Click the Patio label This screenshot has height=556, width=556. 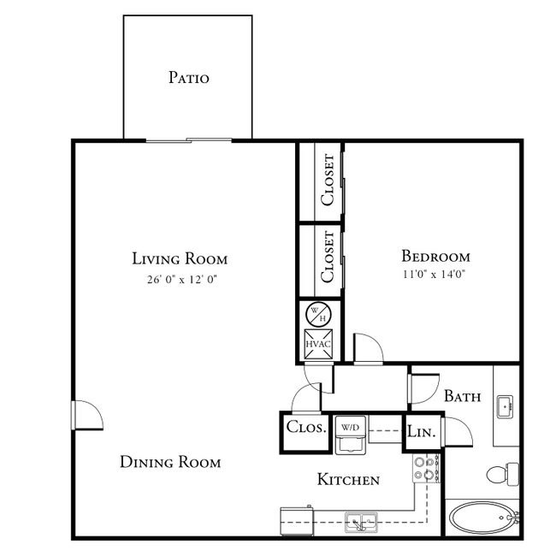click(188, 78)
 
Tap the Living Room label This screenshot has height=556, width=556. click(180, 258)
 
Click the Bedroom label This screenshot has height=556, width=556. click(436, 256)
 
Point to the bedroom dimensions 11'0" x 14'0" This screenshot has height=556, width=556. click(436, 275)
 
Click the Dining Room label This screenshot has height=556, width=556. click(170, 463)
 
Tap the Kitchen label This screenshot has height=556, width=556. click(348, 480)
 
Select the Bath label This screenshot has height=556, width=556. click(462, 397)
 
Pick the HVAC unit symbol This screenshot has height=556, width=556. click(318, 344)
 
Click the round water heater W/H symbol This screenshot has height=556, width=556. click(318, 314)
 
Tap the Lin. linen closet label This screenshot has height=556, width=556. click(421, 434)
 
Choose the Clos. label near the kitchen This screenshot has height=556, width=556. click(306, 428)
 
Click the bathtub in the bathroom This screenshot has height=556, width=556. click(482, 518)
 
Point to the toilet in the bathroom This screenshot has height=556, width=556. click(500, 473)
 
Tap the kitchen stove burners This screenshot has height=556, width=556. click(424, 470)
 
